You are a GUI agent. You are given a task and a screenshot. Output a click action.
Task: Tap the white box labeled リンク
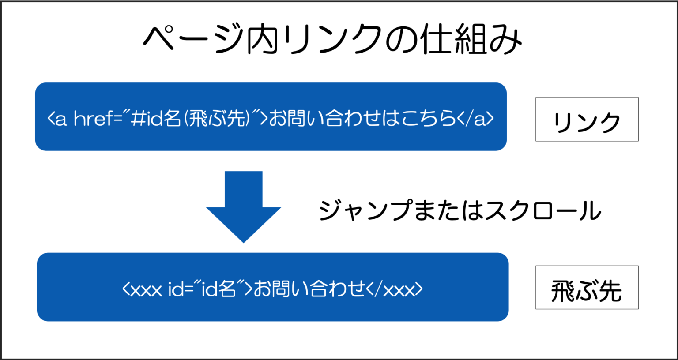[587, 120]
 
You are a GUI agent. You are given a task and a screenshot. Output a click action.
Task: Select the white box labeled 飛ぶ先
[587, 288]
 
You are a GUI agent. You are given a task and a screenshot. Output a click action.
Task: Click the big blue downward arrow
[243, 205]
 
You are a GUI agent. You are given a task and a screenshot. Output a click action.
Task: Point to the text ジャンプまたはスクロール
[460, 210]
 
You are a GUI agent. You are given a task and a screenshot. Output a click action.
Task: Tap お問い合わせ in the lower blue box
[309, 289]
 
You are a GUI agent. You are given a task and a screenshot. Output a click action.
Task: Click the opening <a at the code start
[57, 118]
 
